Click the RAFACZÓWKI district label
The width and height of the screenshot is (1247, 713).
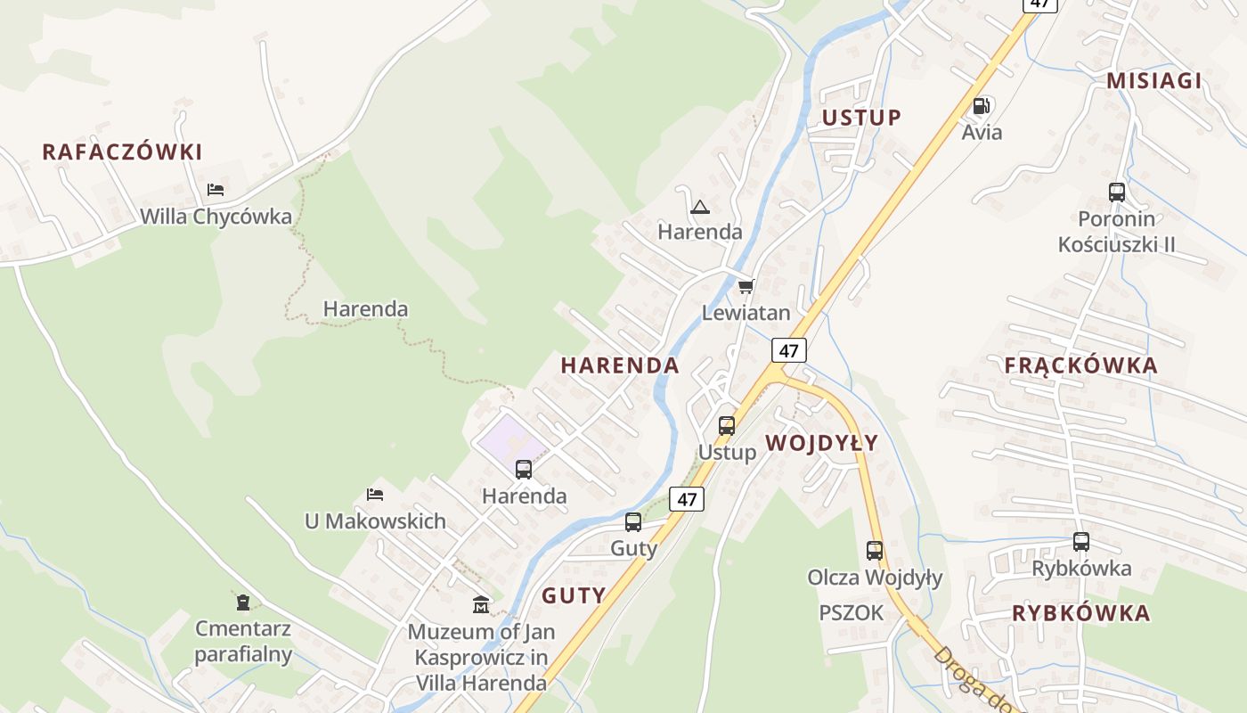pyautogui.click(x=122, y=152)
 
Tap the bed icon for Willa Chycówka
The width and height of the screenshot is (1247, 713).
pyautogui.click(x=215, y=189)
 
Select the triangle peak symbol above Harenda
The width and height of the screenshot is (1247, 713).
pyautogui.click(x=699, y=208)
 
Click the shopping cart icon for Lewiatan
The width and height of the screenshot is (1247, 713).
pyautogui.click(x=746, y=286)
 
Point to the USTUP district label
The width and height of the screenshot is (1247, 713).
pyautogui.click(x=861, y=118)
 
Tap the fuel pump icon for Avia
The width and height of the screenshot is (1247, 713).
pyautogui.click(x=982, y=106)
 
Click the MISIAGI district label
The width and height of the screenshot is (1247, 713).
pyautogui.click(x=1153, y=81)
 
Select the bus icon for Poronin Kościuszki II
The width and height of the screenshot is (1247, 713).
pyautogui.click(x=1116, y=192)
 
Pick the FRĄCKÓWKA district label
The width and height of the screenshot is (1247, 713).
pyautogui.click(x=1080, y=365)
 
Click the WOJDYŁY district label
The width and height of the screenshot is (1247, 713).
pyautogui.click(x=821, y=443)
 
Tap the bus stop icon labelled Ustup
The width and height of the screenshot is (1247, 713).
pyautogui.click(x=727, y=425)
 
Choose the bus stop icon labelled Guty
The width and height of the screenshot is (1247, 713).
pyautogui.click(x=633, y=522)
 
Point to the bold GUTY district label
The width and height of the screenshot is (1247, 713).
pyautogui.click(x=574, y=596)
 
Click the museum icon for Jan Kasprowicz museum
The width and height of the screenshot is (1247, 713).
pyautogui.click(x=481, y=604)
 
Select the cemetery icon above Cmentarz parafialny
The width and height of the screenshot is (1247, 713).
pyautogui.click(x=242, y=602)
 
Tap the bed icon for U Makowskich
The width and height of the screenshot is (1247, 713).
pyautogui.click(x=375, y=494)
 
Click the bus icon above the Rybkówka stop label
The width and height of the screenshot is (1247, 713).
pyautogui.click(x=1080, y=541)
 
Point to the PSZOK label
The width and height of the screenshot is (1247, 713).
pyautogui.click(x=852, y=613)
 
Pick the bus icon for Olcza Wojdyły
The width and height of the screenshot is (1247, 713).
pyautogui.click(x=874, y=551)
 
